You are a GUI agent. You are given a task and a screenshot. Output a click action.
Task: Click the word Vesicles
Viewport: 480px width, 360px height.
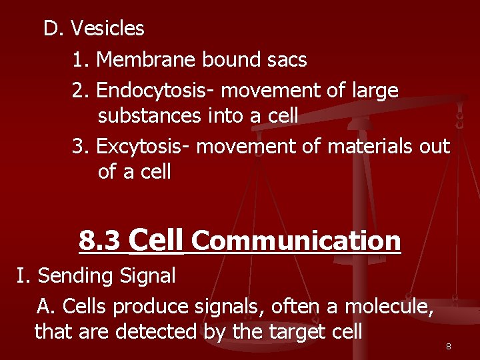[x=107, y=29]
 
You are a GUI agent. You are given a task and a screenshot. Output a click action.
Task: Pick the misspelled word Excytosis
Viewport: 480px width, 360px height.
[x=144, y=146]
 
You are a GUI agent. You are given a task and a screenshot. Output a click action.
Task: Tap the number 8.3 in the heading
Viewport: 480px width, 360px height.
[x=100, y=241]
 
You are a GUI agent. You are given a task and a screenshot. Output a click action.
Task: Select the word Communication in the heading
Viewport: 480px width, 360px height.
[x=296, y=241]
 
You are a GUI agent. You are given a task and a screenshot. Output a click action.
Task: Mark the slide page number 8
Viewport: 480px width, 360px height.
[x=449, y=347]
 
